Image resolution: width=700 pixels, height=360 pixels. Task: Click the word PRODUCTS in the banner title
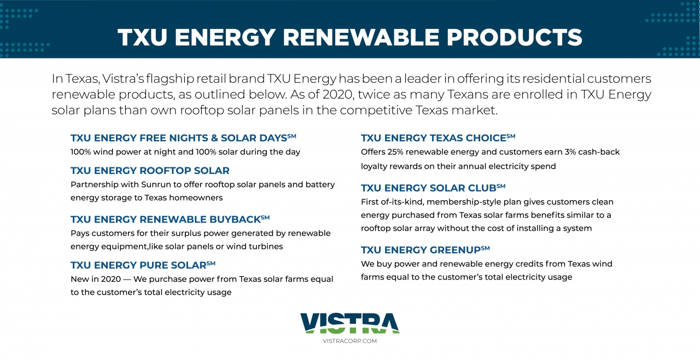514,38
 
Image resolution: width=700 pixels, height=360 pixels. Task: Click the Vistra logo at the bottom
349,323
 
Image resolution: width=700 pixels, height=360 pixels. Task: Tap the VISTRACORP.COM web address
349,341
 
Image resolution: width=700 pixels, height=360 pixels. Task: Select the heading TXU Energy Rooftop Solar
150,171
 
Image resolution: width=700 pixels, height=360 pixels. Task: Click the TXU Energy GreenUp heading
425,249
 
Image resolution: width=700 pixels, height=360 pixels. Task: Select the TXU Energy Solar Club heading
433,188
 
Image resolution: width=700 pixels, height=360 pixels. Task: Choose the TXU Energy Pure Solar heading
143,265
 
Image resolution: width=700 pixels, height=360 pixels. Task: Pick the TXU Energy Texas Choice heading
438,138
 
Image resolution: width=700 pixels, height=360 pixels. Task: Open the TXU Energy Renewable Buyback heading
170,219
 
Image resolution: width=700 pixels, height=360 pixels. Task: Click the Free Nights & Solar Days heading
183,138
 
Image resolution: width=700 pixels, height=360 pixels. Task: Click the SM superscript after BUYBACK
265,217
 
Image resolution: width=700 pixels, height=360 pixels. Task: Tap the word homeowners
196,198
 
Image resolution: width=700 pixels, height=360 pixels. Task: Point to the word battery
320,185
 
